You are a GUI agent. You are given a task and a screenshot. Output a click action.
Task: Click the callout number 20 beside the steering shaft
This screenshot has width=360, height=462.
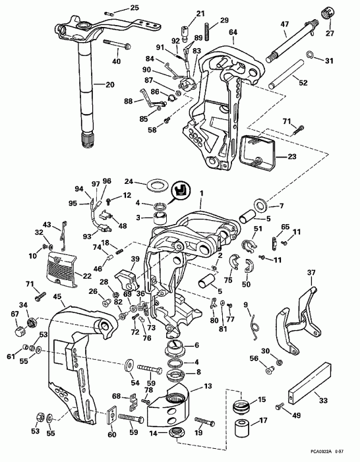pos(109,84)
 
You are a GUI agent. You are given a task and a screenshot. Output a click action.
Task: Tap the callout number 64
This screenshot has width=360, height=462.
pos(233,32)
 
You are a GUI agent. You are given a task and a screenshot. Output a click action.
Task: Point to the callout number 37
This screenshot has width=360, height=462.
pos(311,272)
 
